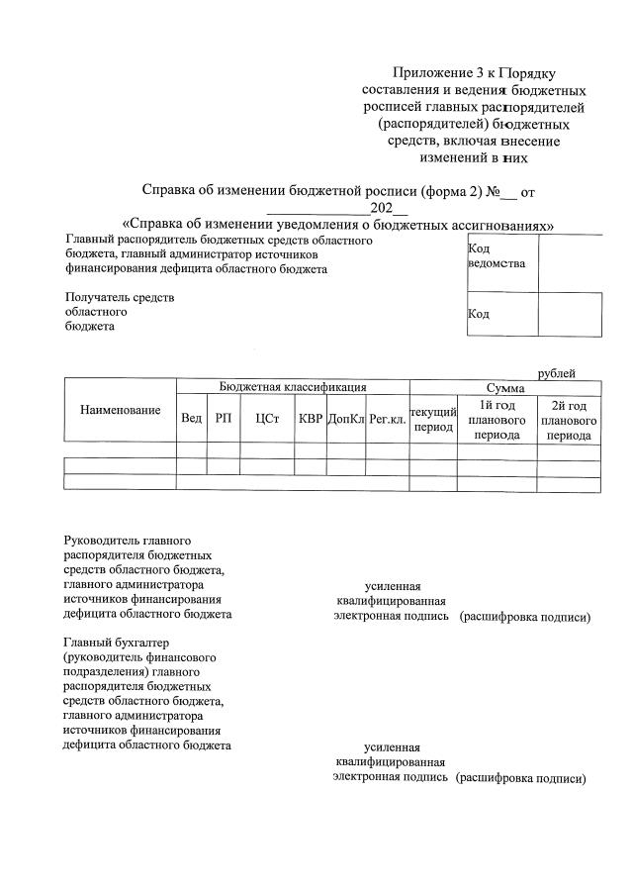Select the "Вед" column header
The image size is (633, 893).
coord(191,419)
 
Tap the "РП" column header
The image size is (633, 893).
coord(223,419)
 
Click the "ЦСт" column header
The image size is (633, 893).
coord(267,419)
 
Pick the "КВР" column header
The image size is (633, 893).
coord(310,419)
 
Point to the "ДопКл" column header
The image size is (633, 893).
coord(345,419)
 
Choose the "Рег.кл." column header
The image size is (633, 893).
coord(387,419)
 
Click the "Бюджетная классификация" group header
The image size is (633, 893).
coord(293,387)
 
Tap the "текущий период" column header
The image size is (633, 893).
coord(432,419)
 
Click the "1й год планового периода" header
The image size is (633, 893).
coord(497,420)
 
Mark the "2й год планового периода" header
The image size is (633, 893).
coord(569,420)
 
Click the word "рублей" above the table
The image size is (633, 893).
coord(556,372)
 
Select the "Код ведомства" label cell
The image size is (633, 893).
coord(500,257)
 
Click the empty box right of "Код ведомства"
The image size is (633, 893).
coord(569,263)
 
